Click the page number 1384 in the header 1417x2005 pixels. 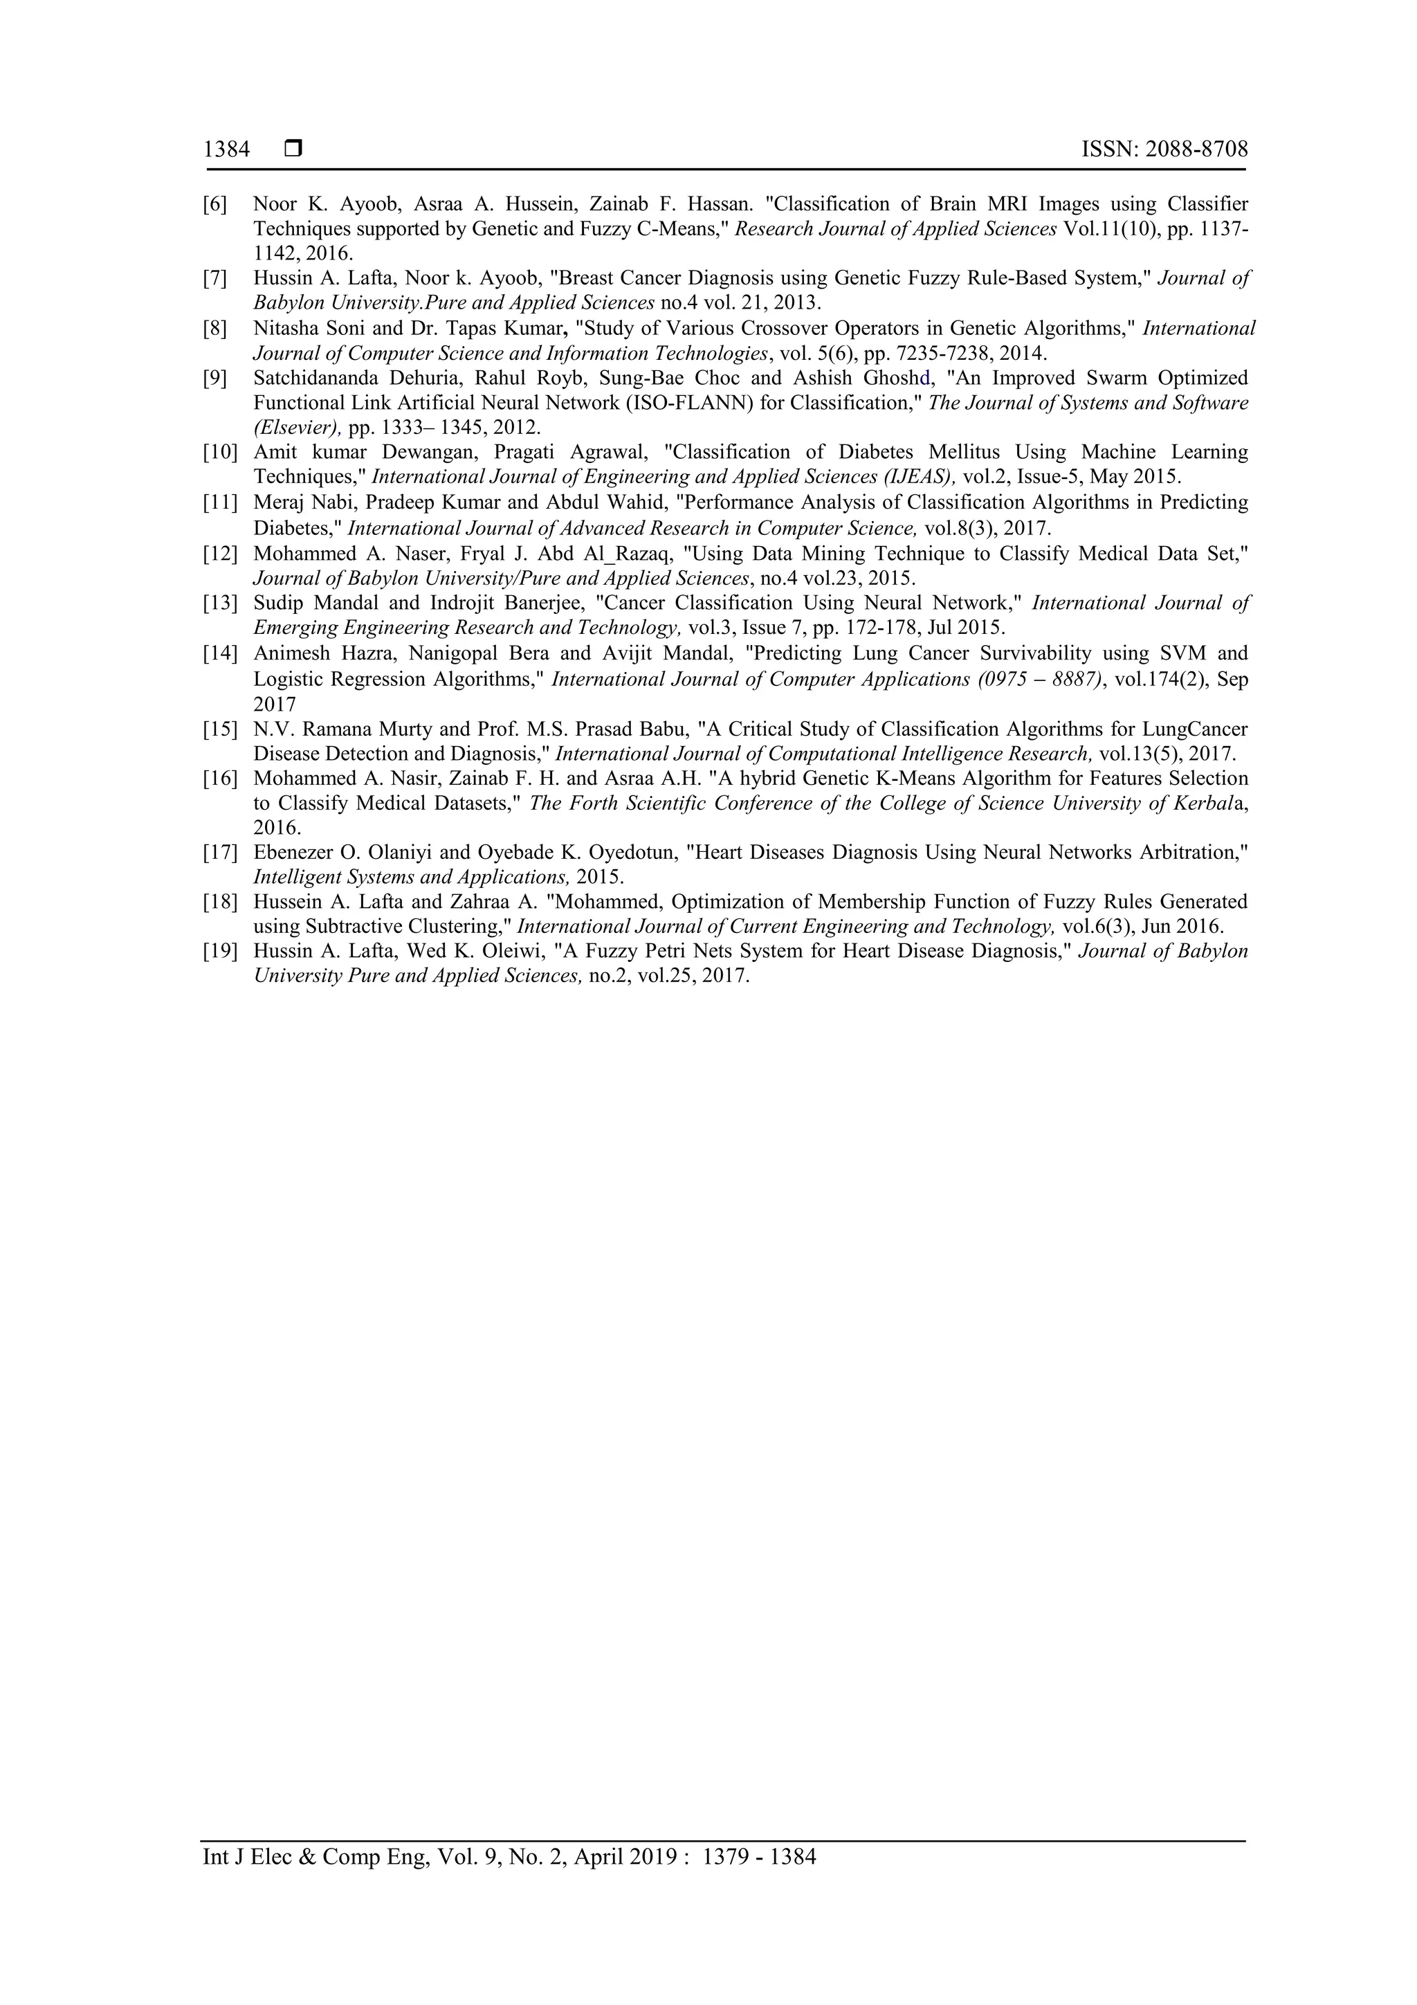click(226, 149)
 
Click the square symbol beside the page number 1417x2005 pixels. click(293, 149)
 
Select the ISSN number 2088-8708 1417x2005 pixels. click(1196, 149)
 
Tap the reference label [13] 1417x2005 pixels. click(220, 604)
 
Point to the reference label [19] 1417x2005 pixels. click(220, 951)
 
